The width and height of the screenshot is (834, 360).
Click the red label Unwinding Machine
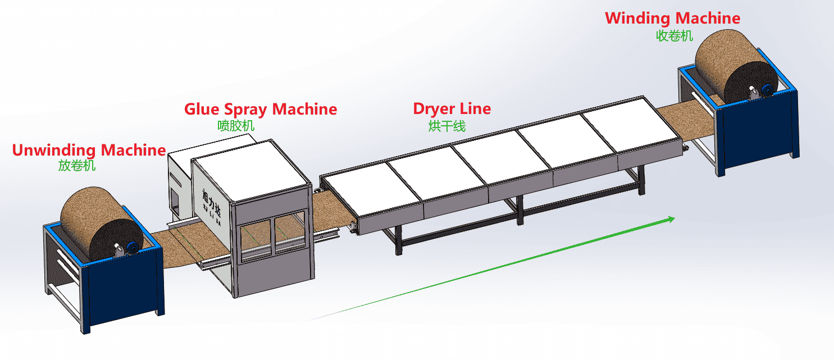coord(89,151)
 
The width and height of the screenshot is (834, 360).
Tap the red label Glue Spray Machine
coord(261,109)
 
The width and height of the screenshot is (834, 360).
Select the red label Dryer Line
coord(452,108)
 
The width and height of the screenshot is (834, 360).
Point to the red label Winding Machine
coord(672,18)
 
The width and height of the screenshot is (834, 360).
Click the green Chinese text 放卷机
coord(77,166)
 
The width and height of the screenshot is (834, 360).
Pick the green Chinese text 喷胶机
coord(236,125)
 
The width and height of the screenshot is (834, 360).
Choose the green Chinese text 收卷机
coord(675,36)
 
